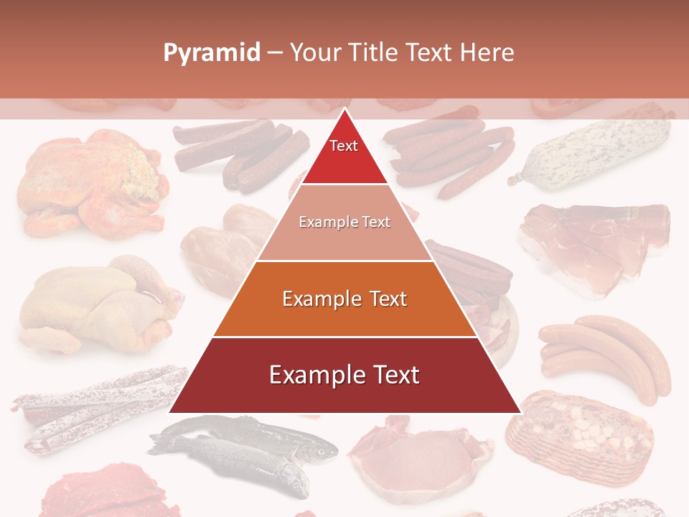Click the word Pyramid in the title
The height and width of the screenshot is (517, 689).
tap(212, 53)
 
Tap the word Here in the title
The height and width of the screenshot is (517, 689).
tap(487, 53)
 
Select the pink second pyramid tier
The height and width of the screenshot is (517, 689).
tap(344, 230)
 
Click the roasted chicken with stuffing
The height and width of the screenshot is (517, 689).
tap(93, 180)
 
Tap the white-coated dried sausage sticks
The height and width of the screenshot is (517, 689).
tap(93, 406)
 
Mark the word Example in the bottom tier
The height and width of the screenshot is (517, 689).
tap(312, 376)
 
